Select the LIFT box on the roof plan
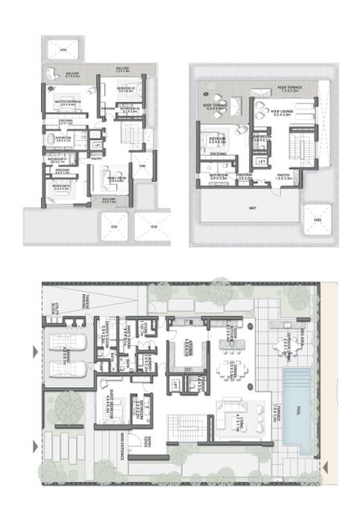pyautogui.click(x=262, y=161)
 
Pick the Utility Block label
pyautogui.click(x=52, y=311)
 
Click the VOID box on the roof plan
pyautogui.click(x=318, y=221)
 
